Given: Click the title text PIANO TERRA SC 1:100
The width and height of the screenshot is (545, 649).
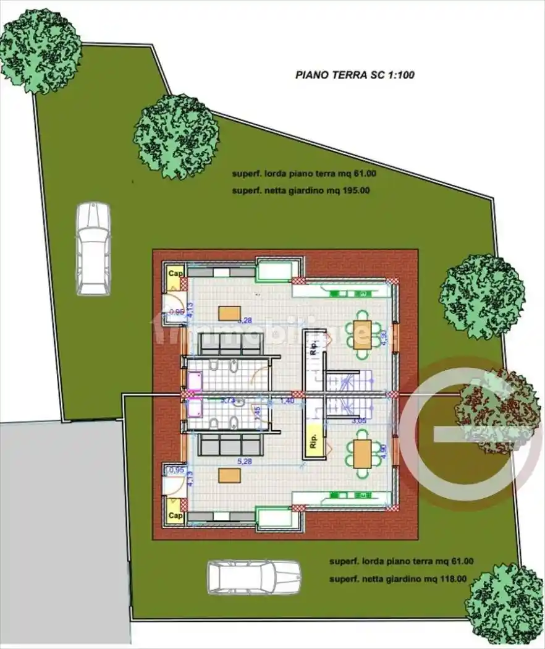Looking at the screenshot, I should pyautogui.click(x=355, y=75).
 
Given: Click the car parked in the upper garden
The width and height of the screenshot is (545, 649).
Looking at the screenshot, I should pyautogui.click(x=93, y=248).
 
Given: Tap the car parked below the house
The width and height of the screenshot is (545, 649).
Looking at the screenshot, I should pyautogui.click(x=254, y=577).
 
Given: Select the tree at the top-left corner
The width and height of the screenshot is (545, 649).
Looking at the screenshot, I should pyautogui.click(x=40, y=50).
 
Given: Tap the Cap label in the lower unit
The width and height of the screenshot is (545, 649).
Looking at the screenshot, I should pyautogui.click(x=175, y=514).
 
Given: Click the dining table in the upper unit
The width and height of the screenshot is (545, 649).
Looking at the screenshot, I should pyautogui.click(x=362, y=336).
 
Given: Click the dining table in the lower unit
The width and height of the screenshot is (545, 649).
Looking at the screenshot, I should pyautogui.click(x=362, y=452).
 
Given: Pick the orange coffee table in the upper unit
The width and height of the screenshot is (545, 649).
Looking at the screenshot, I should pyautogui.click(x=229, y=313).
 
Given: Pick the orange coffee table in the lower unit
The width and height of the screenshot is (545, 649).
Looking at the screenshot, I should pyautogui.click(x=229, y=475).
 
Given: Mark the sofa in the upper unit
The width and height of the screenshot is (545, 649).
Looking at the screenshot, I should pyautogui.click(x=231, y=344).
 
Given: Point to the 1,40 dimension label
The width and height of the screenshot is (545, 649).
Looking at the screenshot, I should pyautogui.click(x=287, y=401).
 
